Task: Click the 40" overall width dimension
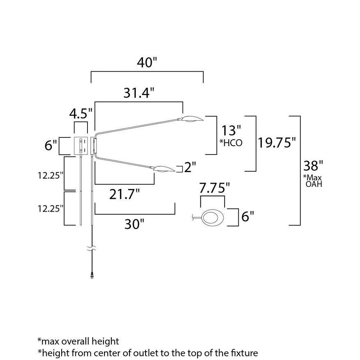147,62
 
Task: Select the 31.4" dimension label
139,93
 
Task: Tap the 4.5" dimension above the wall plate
81,113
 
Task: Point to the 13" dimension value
231,130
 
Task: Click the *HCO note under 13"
231,143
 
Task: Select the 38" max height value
313,165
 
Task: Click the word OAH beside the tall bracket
314,184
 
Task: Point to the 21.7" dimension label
124,194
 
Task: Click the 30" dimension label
134,224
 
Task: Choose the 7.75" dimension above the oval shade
215,188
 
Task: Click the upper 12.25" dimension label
50,176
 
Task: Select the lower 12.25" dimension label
50,209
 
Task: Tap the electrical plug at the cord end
92,275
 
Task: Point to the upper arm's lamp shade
192,119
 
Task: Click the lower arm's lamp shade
165,169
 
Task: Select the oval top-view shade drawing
212,217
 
